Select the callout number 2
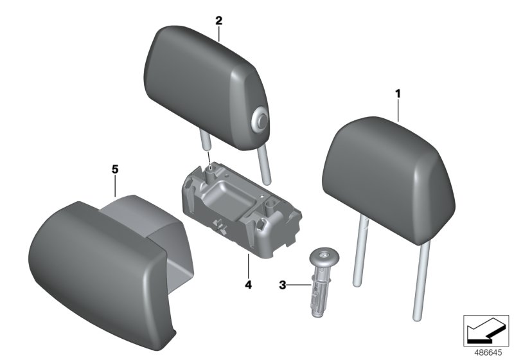click(x=218, y=21)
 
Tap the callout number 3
click(x=282, y=284)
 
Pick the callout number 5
click(x=115, y=169)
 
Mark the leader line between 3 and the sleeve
click(x=299, y=284)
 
